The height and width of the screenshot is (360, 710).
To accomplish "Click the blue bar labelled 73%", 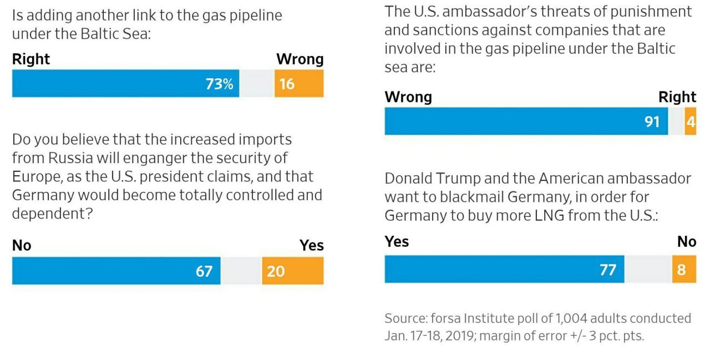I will click(125, 84).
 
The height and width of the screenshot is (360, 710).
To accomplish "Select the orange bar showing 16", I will click(299, 84).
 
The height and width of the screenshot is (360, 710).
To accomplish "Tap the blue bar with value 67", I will click(116, 271).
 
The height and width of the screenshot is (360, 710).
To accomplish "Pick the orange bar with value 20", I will click(292, 271).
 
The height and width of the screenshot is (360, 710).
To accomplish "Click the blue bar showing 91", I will click(526, 121).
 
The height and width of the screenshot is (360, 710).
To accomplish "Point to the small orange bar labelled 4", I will click(690, 121).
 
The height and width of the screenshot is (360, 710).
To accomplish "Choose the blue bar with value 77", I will click(504, 270).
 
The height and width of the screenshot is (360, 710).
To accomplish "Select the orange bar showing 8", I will click(684, 270).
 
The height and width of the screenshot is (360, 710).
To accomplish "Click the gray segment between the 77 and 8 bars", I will click(648, 270).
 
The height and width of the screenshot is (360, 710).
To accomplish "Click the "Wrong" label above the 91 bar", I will click(408, 97).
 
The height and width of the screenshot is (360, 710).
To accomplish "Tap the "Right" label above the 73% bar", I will click(31, 59).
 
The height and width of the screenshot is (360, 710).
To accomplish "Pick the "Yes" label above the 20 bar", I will click(311, 246).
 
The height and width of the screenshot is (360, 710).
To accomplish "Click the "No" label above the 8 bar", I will click(687, 242).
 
